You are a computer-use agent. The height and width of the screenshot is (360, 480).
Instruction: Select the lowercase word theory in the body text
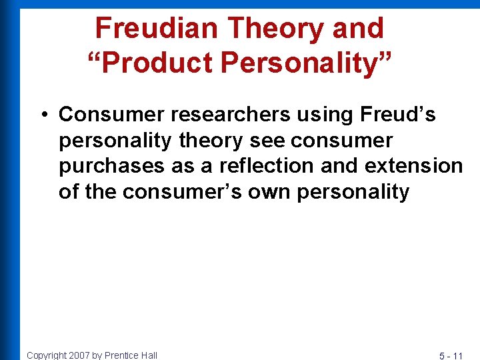coord(207,141)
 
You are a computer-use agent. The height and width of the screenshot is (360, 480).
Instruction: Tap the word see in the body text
coord(268,141)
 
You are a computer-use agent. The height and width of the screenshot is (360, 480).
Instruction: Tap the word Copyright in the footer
coord(46,355)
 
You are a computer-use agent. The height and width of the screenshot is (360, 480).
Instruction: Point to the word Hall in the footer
coord(149,355)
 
